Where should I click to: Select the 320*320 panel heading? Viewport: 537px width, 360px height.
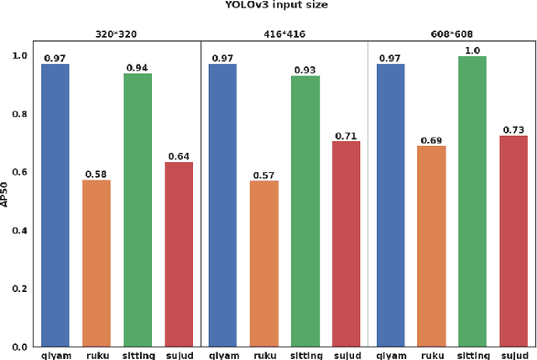click(x=117, y=34)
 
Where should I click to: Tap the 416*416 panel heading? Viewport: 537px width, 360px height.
click(x=284, y=34)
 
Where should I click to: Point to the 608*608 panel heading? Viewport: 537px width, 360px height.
click(x=452, y=34)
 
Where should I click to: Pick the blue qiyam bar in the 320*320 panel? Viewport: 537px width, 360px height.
click(x=55, y=205)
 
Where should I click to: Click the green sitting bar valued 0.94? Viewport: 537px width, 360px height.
click(x=138, y=210)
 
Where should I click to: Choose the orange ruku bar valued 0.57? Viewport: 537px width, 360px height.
click(x=264, y=263)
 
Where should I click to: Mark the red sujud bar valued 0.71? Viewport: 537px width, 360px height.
click(x=346, y=243)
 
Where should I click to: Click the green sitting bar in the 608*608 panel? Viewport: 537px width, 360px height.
click(x=472, y=201)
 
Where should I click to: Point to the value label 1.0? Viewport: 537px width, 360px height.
click(x=472, y=50)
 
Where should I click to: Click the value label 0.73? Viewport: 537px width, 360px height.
click(x=514, y=128)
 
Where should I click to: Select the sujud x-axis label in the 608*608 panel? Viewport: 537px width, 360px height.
click(x=514, y=354)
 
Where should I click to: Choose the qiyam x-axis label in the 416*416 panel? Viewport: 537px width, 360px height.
click(x=223, y=354)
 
